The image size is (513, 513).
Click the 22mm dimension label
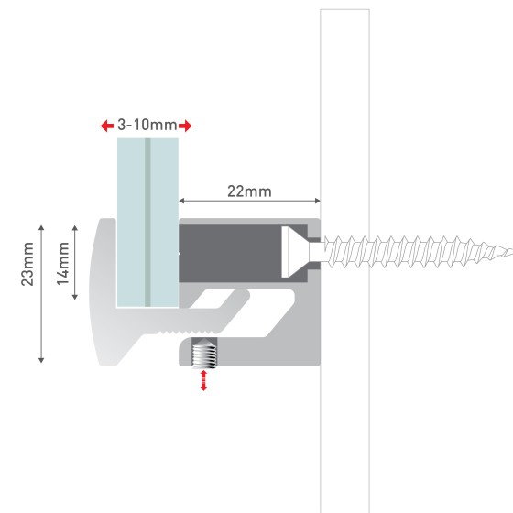tap(249, 191)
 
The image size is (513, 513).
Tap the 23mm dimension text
tap(27, 264)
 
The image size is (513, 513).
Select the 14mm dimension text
tap(63, 264)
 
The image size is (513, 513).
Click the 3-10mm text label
tap(147, 125)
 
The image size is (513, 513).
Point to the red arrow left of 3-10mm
tap(107, 126)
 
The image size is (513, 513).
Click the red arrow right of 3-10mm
tap(185, 126)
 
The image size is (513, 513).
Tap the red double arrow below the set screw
tap(203, 380)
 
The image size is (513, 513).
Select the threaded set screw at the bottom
tap(203, 354)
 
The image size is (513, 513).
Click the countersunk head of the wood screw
tap(295, 252)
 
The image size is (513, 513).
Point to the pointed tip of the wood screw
tap(511, 252)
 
